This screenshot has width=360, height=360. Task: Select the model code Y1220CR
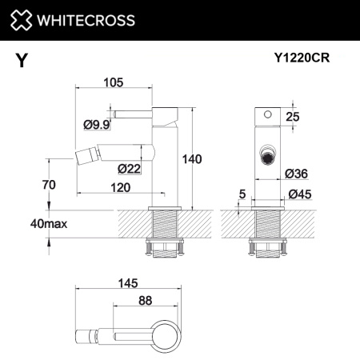(307, 58)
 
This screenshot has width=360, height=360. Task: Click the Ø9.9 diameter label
(96, 124)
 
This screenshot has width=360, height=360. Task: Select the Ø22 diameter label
(129, 168)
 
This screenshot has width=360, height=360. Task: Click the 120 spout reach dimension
(122, 186)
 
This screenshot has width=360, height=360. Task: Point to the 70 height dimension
(50, 186)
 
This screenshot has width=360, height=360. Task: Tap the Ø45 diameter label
(299, 194)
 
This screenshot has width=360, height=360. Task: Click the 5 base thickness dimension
(241, 192)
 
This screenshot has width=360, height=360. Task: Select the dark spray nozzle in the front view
(268, 156)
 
